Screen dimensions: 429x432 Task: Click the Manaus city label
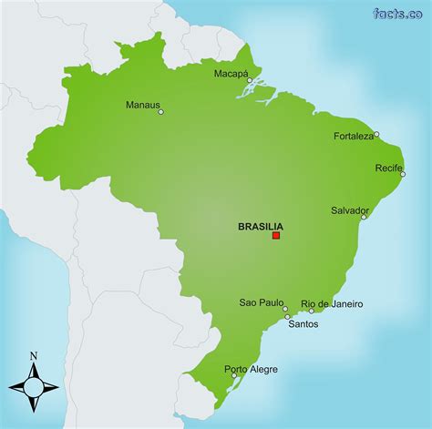[x=142, y=104]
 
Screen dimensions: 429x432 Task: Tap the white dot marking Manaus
[x=161, y=112]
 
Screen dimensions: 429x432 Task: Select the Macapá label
[x=231, y=73]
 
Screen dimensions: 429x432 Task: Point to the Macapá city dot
[x=250, y=80]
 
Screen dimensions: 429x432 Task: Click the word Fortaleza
[x=354, y=136]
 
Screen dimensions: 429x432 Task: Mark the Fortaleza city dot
[x=376, y=135]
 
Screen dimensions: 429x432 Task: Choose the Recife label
[x=389, y=168]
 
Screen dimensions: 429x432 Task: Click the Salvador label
[x=350, y=209]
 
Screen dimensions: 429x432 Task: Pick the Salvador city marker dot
[x=364, y=217]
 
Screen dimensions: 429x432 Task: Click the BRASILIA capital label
[x=260, y=226]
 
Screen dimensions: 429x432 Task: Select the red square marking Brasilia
[x=276, y=236]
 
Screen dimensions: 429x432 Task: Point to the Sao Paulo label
[x=261, y=302]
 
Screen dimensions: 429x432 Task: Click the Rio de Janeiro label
[x=332, y=303]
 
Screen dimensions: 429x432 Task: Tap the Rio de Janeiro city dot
[x=311, y=311]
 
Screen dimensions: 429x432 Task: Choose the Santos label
[x=303, y=323]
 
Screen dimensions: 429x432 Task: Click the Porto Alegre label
[x=251, y=369]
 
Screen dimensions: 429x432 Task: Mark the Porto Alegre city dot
[x=234, y=375]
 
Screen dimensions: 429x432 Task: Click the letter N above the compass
[x=34, y=355]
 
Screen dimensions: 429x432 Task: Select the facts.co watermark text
[x=397, y=13]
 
